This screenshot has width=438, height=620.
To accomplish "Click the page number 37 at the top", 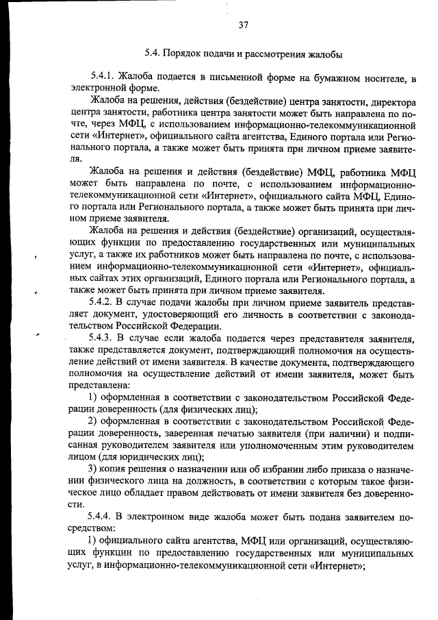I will [x=242, y=25].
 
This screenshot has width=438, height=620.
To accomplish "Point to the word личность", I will [x=248, y=314].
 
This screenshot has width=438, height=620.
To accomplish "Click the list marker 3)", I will [x=95, y=469].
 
